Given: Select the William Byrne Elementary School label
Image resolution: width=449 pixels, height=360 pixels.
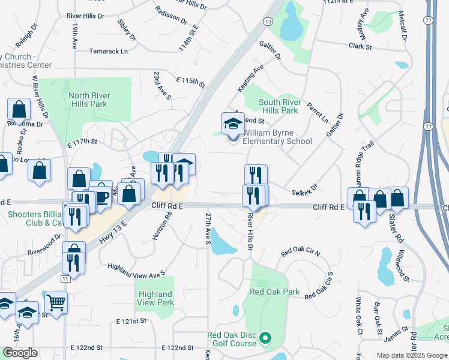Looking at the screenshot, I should tap(277, 137).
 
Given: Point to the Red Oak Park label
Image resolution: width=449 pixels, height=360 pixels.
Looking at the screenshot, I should tap(274, 292).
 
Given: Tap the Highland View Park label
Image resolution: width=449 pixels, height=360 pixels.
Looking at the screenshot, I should tap(155, 298).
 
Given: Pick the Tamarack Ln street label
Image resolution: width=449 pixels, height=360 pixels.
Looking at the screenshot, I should tap(109, 52).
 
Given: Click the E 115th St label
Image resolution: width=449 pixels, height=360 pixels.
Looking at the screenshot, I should tap(191, 80).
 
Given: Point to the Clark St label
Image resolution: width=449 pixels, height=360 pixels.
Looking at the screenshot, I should tap(360, 46).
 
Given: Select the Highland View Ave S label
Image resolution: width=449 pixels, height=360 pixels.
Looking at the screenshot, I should tap(136, 270).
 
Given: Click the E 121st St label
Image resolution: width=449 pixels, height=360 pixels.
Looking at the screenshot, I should tap(132, 322).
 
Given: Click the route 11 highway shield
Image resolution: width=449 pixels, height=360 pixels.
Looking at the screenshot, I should tap(65, 279).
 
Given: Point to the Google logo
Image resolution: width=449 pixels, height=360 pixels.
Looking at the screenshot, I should tap(20, 353).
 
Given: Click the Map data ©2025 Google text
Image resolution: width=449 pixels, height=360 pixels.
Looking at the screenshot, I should tap(411, 355).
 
